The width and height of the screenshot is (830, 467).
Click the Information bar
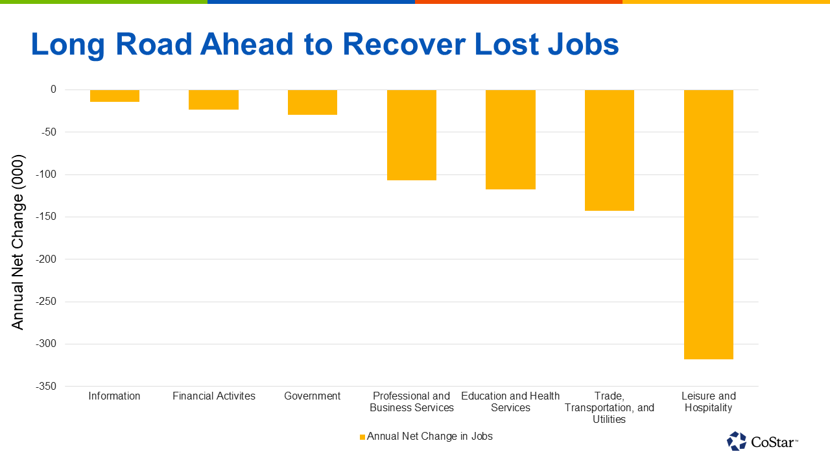115,95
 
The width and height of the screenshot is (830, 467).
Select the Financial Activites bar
213,100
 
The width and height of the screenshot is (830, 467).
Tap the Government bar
313,102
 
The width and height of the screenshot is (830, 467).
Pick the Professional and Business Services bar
412,135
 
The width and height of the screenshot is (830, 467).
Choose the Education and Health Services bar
510,139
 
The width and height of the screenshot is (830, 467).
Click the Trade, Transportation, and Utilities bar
610,150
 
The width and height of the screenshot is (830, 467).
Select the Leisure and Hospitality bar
709,224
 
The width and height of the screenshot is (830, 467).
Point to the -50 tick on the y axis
49,132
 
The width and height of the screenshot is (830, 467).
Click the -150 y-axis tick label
46,217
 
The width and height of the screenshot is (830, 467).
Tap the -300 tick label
46,344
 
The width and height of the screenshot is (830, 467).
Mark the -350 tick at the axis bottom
46,386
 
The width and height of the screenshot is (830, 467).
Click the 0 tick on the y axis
53,90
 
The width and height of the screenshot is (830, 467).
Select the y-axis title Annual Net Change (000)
18,242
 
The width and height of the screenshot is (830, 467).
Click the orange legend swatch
362,437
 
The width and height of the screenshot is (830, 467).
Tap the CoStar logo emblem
736,441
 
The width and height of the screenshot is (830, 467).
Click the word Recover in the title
404,44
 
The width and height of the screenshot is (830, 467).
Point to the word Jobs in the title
583,44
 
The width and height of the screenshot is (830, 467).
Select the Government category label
313,396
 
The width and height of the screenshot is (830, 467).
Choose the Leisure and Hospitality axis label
709,401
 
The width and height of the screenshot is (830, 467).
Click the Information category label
114,396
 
